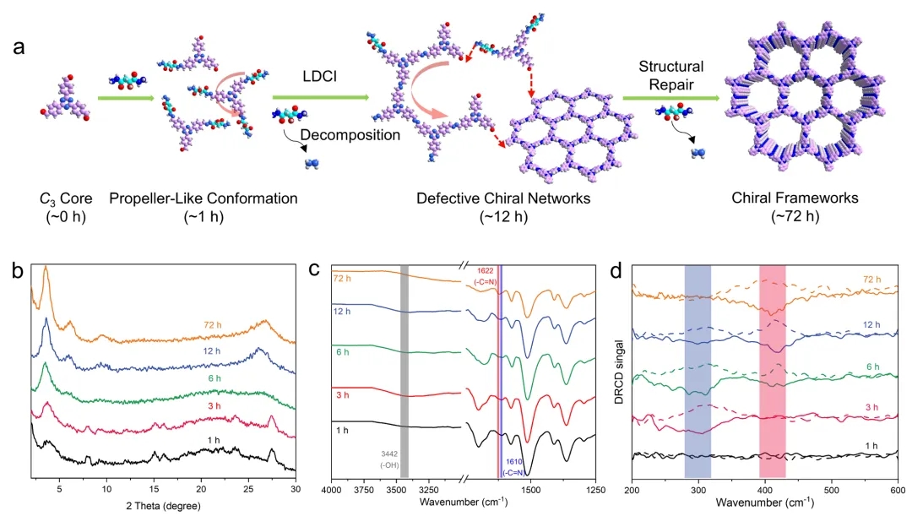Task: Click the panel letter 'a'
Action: pyautogui.click(x=19, y=46)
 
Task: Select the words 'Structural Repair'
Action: pyautogui.click(x=670, y=76)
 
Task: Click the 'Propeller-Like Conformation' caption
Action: pyautogui.click(x=204, y=198)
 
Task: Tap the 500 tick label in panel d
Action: pyautogui.click(x=831, y=489)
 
